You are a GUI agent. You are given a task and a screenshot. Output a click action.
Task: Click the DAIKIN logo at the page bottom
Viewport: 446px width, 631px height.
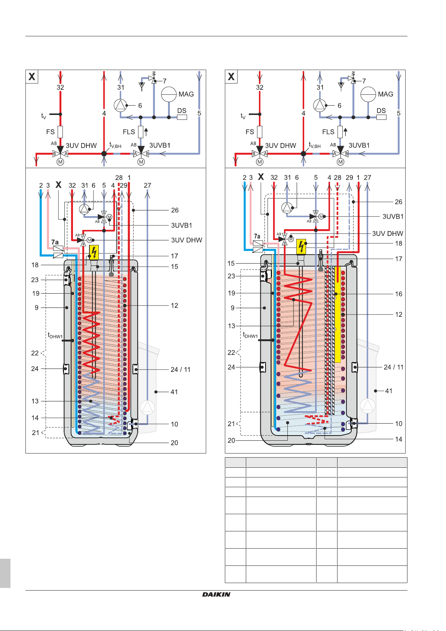coord(216,594)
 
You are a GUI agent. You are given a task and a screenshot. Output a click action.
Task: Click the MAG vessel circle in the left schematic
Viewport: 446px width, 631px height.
coord(168,94)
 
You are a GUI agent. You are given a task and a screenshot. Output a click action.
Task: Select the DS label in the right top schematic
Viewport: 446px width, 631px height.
coord(381,110)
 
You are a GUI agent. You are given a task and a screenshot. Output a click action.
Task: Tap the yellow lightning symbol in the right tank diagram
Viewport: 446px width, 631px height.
coord(301,246)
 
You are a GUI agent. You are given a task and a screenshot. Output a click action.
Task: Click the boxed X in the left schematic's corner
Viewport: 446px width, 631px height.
coord(32,77)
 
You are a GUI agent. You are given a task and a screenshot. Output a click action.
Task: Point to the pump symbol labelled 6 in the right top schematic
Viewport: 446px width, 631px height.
coord(320,105)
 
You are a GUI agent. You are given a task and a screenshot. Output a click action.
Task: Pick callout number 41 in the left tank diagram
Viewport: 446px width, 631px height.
coord(174,392)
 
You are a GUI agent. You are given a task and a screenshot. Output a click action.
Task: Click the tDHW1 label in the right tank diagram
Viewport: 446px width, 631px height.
coord(250,335)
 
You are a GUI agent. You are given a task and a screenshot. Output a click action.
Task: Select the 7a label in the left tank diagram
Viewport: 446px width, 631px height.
coord(55,242)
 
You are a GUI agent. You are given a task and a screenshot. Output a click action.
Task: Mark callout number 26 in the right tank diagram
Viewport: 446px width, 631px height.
coord(398,202)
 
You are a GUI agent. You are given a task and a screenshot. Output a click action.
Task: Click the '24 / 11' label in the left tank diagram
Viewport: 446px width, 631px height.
coord(180,369)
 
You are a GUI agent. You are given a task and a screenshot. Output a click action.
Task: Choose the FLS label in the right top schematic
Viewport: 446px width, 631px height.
coord(328,132)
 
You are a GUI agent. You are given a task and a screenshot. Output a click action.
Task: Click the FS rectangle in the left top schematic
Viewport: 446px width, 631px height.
coord(60,131)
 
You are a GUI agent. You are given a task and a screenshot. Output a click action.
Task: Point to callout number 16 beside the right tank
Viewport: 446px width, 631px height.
coord(398,294)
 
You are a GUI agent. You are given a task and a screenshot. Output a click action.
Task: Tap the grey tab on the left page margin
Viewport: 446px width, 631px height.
coord(5,573)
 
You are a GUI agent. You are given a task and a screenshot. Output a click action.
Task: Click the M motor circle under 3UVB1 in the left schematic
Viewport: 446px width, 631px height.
coord(141,162)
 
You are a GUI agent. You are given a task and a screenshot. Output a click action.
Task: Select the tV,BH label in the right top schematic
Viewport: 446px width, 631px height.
coord(315,145)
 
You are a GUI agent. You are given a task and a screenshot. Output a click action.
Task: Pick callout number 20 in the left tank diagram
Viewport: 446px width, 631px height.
coord(174,443)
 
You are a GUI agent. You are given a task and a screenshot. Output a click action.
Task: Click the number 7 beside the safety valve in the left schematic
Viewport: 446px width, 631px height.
coord(165,81)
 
